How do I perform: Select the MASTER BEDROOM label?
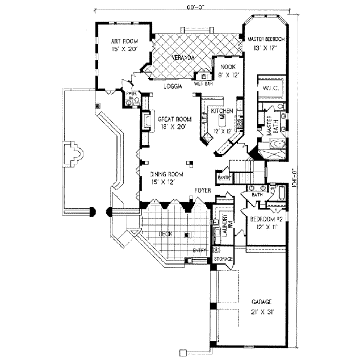point(266,39)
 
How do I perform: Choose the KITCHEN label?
point(221,111)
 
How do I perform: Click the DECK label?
point(166,234)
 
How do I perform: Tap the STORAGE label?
point(223,259)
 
